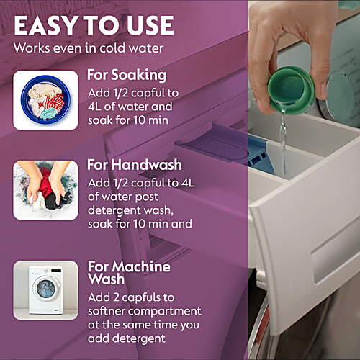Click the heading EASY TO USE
(94, 25)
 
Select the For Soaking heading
(127, 74)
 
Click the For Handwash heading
(134, 164)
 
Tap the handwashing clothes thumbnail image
(45, 190)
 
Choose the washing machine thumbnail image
(45, 289)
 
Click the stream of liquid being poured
(283, 144)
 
